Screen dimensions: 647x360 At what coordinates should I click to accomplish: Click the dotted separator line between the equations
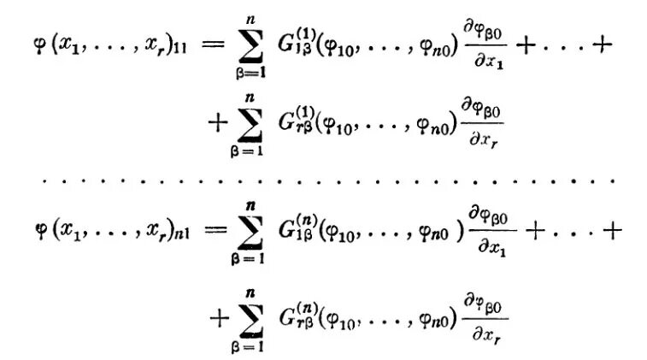323,182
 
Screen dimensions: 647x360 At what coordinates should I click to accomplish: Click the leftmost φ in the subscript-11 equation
38,45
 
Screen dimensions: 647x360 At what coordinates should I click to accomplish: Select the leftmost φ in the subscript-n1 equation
38,232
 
